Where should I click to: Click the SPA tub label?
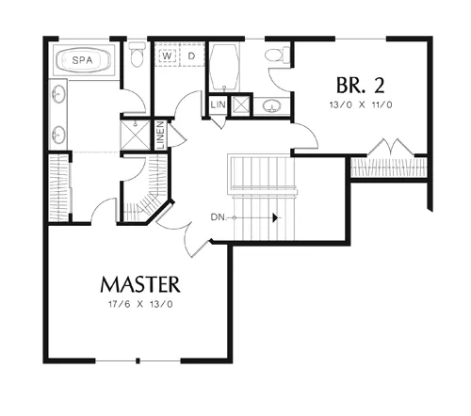(82, 59)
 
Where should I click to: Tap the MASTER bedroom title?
(140, 284)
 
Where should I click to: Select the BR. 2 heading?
(360, 86)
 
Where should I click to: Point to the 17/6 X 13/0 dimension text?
(140, 304)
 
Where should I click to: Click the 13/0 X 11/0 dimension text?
(361, 104)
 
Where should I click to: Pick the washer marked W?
(168, 56)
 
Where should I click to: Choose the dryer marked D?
(191, 56)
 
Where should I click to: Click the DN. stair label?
(219, 216)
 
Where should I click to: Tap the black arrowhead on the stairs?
(275, 217)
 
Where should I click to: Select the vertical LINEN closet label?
(161, 136)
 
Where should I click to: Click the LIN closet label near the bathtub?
(218, 104)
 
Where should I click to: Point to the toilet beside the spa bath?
(137, 54)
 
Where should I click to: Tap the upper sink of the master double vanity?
(58, 93)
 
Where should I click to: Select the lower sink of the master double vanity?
(58, 135)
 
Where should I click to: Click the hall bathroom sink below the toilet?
(271, 106)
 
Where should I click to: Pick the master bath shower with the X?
(136, 135)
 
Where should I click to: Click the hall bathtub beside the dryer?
(224, 67)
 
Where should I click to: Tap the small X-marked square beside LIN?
(241, 104)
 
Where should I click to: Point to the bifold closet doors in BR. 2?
(391, 147)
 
